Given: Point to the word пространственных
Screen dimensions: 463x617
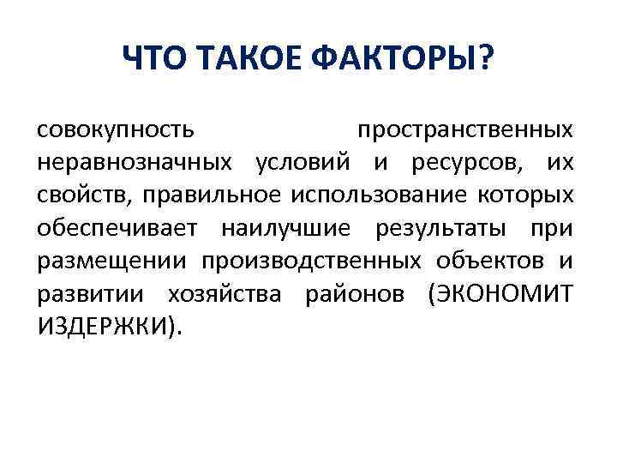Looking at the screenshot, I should pyautogui.click(x=465, y=131).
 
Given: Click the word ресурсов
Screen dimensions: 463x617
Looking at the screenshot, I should pyautogui.click(x=460, y=164).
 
